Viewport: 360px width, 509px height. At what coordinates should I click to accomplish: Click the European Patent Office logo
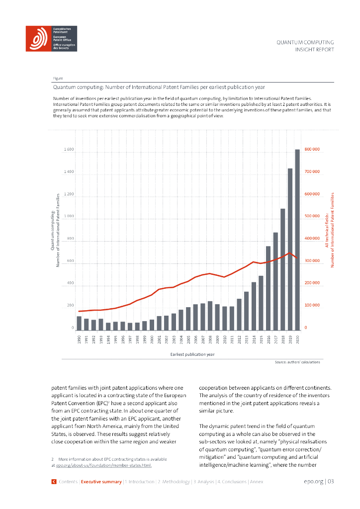click(x=51, y=39)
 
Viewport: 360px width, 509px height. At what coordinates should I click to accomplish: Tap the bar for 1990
click(x=79, y=323)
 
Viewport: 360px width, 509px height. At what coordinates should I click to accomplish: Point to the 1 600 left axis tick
click(x=69, y=150)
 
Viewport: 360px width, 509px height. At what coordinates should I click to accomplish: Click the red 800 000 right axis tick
click(x=313, y=150)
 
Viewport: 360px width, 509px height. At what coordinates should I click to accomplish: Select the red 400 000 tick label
click(x=313, y=239)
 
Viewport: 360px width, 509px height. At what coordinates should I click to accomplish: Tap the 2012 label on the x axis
click(x=239, y=340)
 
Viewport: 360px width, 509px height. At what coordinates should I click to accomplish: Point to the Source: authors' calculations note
click(x=297, y=362)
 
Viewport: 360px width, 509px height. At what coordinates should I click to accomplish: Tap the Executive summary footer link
click(x=101, y=482)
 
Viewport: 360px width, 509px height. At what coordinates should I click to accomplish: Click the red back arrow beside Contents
click(x=54, y=482)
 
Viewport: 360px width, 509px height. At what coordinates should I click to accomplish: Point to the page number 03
click(x=330, y=481)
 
